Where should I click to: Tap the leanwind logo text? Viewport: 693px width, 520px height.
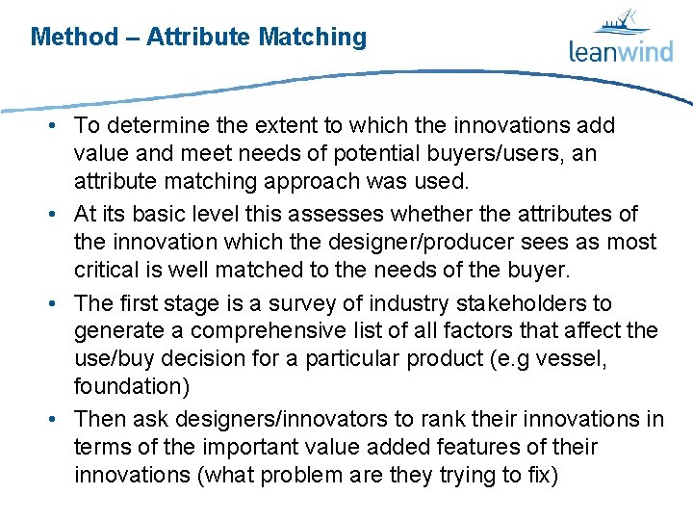point(620,51)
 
